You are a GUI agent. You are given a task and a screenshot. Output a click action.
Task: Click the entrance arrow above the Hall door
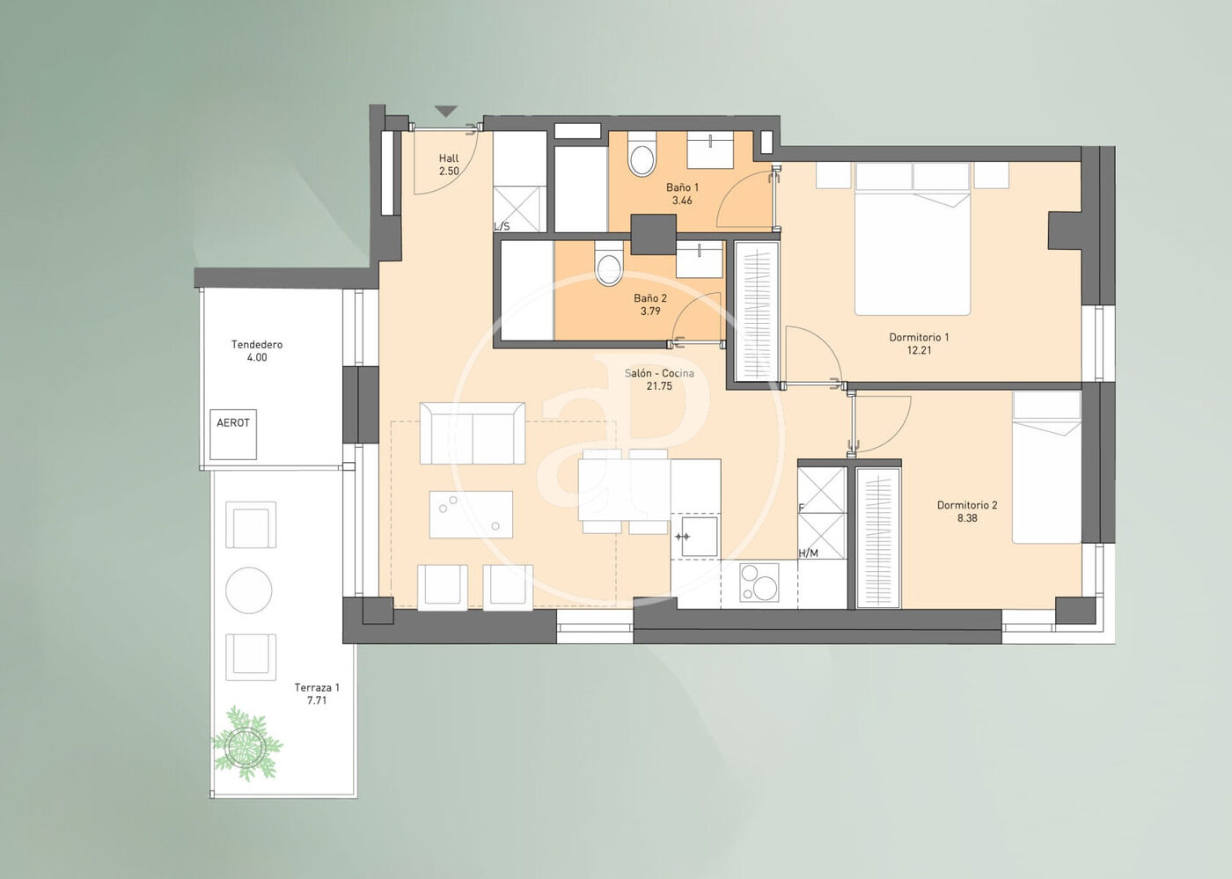pyautogui.click(x=446, y=111)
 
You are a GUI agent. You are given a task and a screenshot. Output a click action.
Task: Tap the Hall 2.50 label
pyautogui.click(x=449, y=165)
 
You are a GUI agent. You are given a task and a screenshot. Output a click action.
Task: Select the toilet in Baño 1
pyautogui.click(x=642, y=153)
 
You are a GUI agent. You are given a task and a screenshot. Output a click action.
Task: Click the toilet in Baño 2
pyautogui.click(x=609, y=264)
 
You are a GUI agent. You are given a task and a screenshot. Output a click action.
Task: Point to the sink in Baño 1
pyautogui.click(x=711, y=150)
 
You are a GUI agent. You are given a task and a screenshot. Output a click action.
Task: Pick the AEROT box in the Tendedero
pyautogui.click(x=233, y=434)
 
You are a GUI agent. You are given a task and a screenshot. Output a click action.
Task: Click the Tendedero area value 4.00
pyautogui.click(x=257, y=357)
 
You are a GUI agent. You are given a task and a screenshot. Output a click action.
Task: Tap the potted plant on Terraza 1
pyautogui.click(x=247, y=743)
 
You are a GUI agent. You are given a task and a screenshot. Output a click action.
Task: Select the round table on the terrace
pyautogui.click(x=248, y=590)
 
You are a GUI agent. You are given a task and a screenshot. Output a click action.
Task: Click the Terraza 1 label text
pyautogui.click(x=317, y=687)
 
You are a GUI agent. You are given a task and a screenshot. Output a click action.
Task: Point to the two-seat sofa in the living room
pyautogui.click(x=473, y=433)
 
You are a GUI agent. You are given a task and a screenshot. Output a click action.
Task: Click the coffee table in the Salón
pyautogui.click(x=472, y=515)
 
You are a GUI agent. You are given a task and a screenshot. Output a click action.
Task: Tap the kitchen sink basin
pyautogui.click(x=699, y=537)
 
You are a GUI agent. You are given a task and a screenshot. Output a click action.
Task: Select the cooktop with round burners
pyautogui.click(x=759, y=582)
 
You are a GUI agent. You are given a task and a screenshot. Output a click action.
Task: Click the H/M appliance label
pyautogui.click(x=808, y=553)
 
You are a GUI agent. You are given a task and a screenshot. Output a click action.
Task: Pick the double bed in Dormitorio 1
pyautogui.click(x=913, y=238)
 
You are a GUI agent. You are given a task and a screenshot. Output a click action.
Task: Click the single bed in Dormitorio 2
pyautogui.click(x=1047, y=467)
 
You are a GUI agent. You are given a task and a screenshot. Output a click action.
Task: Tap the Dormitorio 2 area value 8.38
pyautogui.click(x=967, y=518)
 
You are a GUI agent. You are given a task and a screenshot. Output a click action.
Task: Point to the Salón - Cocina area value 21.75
pyautogui.click(x=659, y=386)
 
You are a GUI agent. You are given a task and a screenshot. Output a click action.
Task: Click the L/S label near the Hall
pyautogui.click(x=502, y=226)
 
